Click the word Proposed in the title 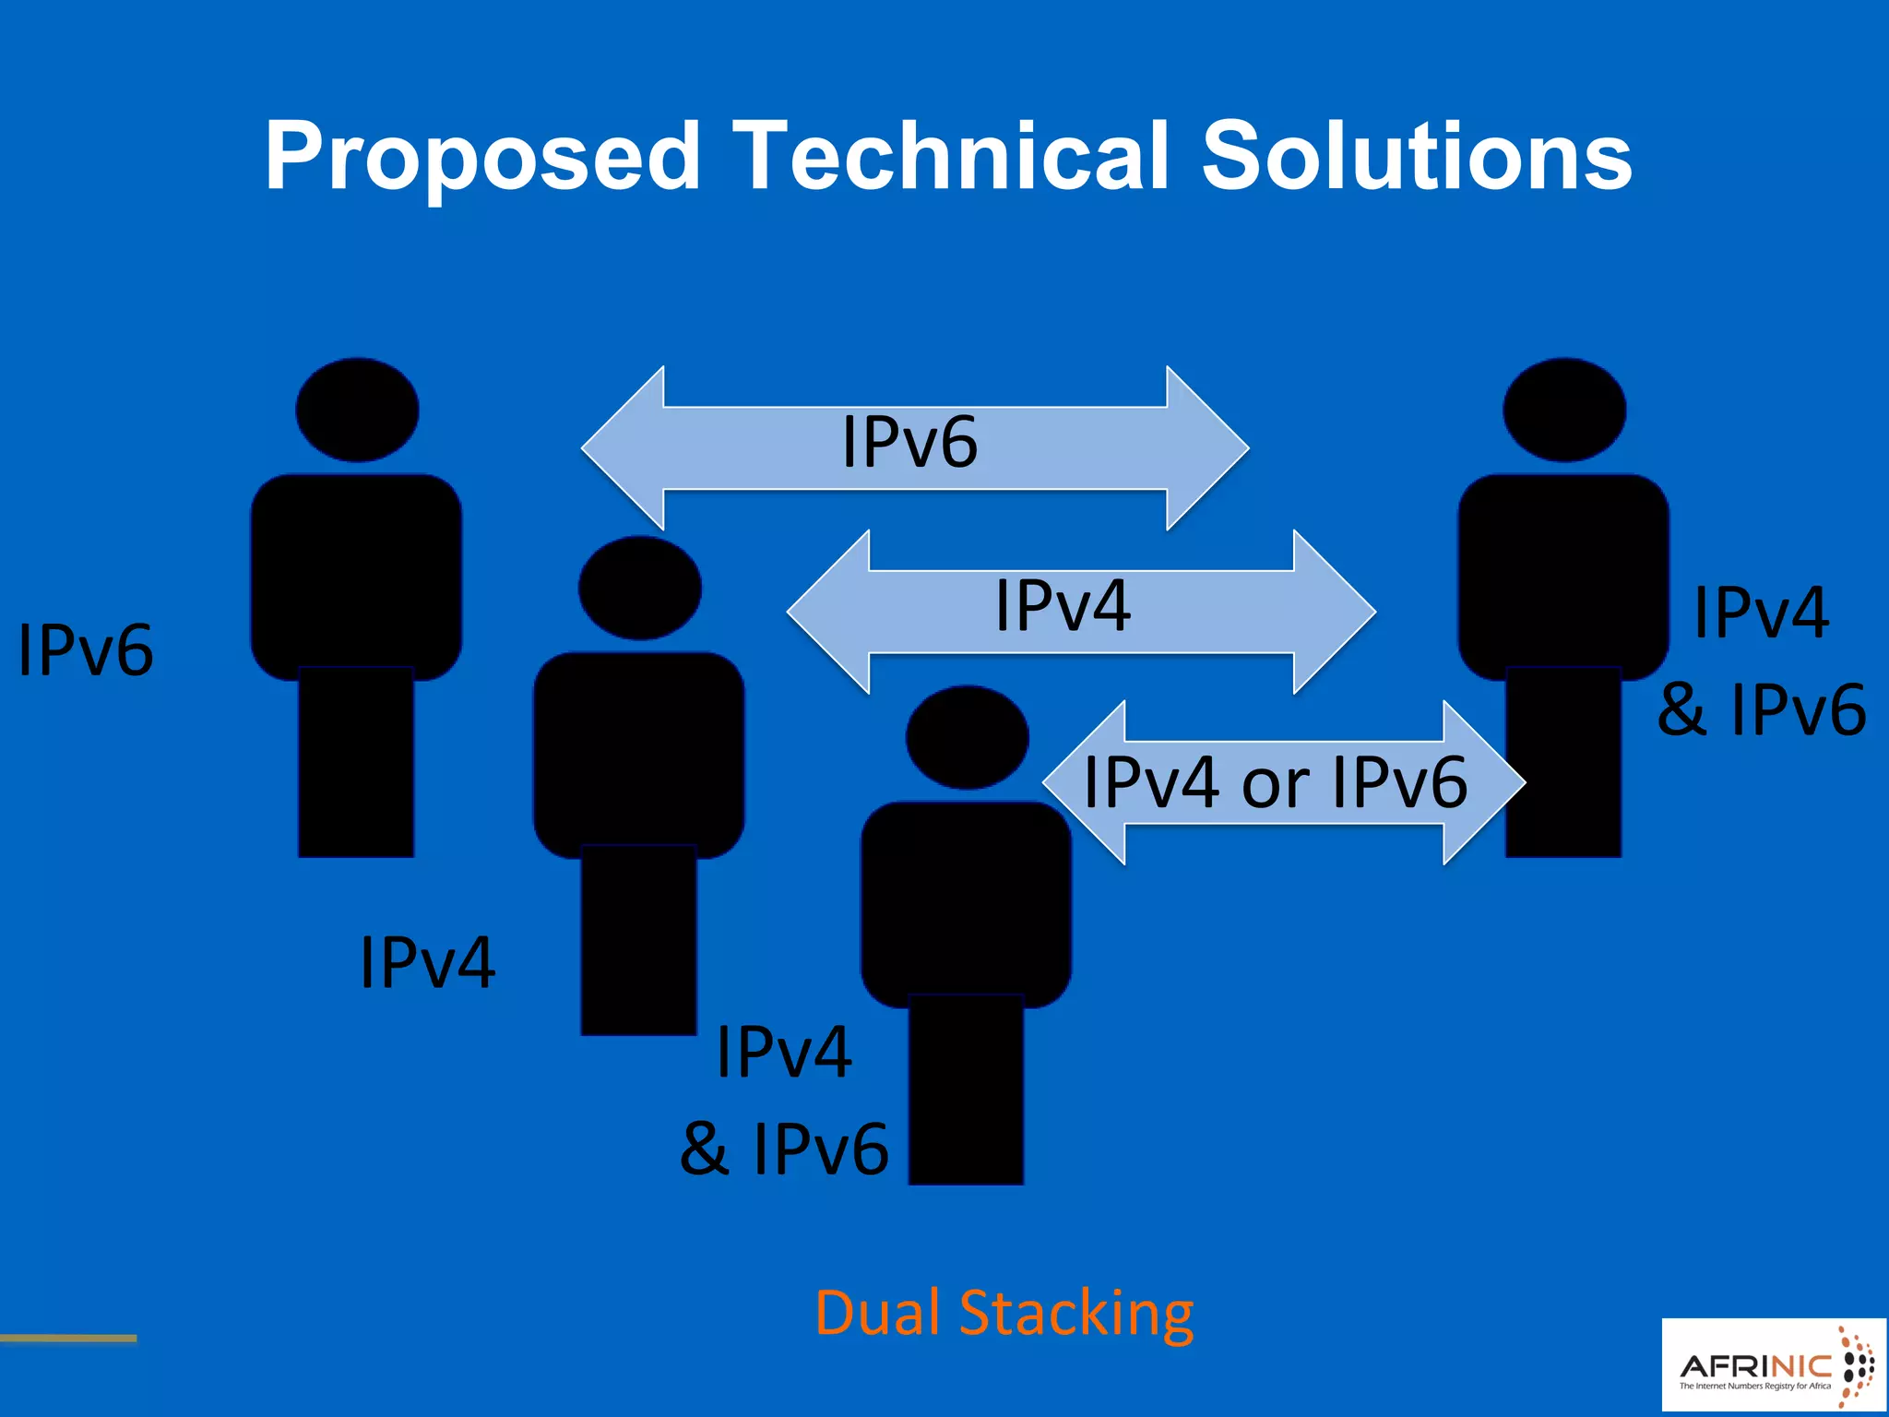pyautogui.click(x=481, y=157)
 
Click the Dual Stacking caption pyautogui.click(x=1004, y=1313)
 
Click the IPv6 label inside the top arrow pyautogui.click(x=909, y=443)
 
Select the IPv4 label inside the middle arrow pyautogui.click(x=1063, y=606)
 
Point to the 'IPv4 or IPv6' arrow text pyautogui.click(x=1275, y=782)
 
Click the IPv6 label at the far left pyautogui.click(x=86, y=650)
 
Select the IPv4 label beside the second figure pyautogui.click(x=427, y=963)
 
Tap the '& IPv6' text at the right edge pyautogui.click(x=1762, y=709)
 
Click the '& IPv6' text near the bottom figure pyautogui.click(x=784, y=1149)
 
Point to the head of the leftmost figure pyautogui.click(x=357, y=410)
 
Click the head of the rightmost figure pyautogui.click(x=1564, y=410)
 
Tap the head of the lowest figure pyautogui.click(x=967, y=737)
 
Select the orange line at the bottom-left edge pyautogui.click(x=68, y=1338)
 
